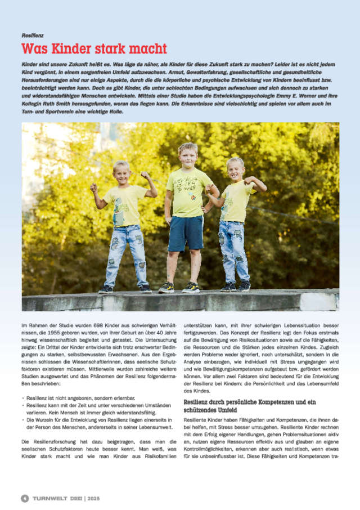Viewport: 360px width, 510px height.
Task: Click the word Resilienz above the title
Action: [x=32, y=35]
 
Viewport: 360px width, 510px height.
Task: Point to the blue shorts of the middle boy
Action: [x=186, y=232]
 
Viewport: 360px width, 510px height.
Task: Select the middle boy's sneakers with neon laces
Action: [x=178, y=287]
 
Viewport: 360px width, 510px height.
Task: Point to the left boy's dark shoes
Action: [x=124, y=289]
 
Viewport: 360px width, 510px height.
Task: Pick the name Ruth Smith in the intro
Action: [x=59, y=104]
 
